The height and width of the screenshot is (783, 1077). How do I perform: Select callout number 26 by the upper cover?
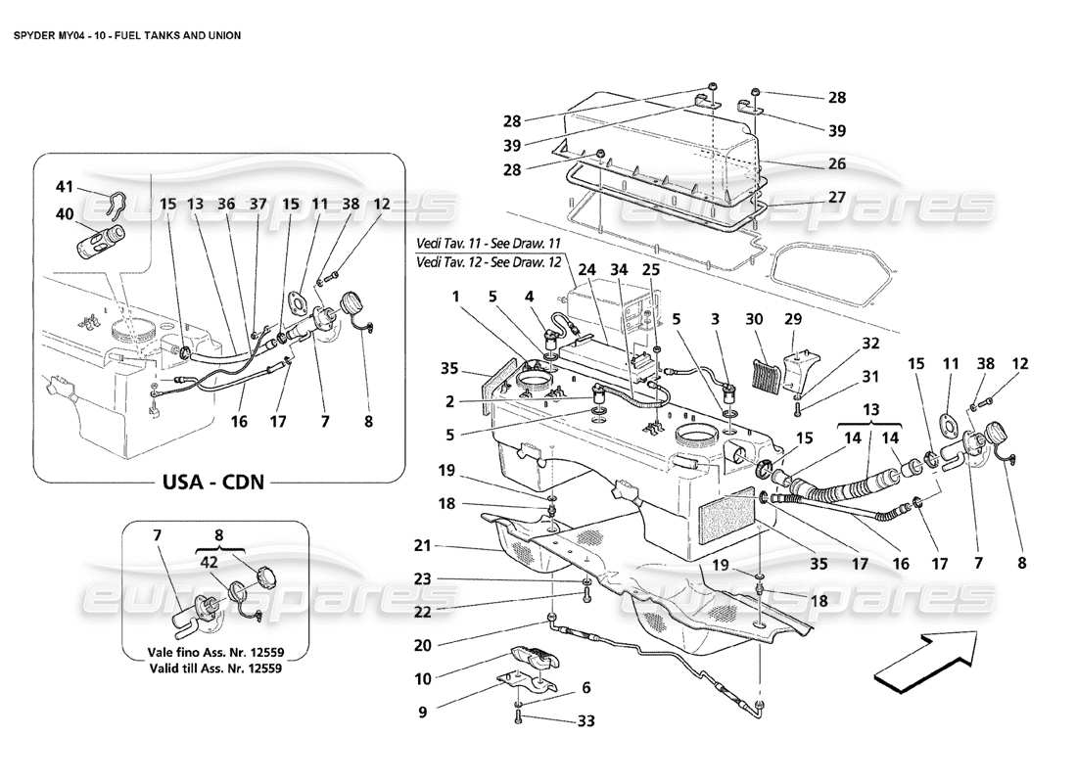point(835,163)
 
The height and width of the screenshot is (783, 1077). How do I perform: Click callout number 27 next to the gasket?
point(835,197)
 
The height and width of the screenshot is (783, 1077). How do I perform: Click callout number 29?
point(794,319)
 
